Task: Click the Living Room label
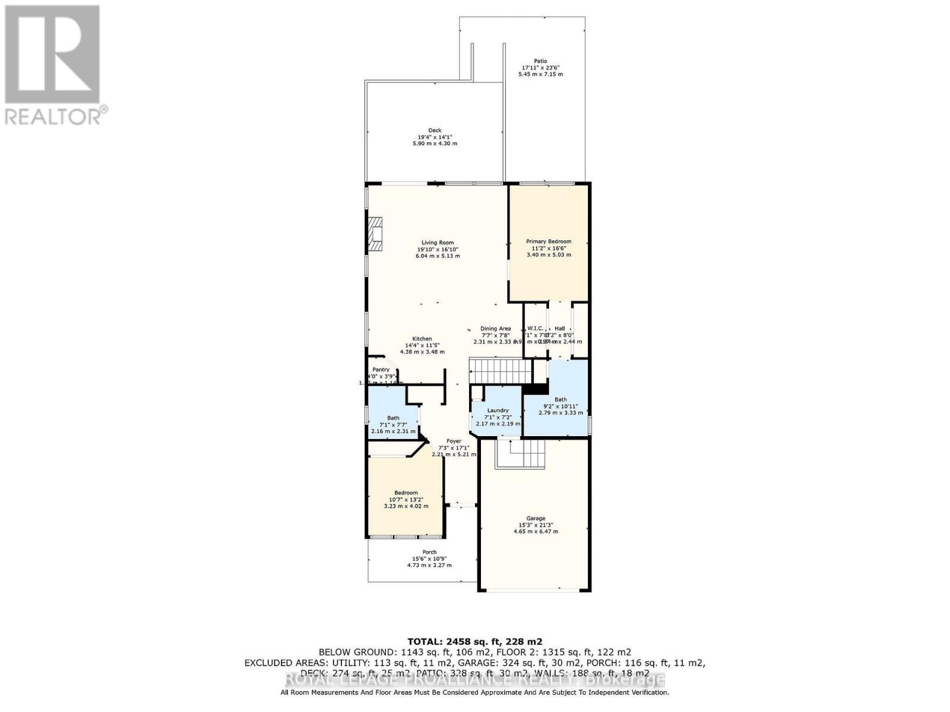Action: pos(438,243)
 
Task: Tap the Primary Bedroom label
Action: pos(549,241)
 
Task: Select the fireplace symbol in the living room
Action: pos(375,236)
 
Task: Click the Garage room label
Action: pos(536,519)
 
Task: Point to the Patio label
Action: pos(540,61)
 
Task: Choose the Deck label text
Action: pos(435,131)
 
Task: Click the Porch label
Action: pos(429,552)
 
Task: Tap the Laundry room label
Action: pos(498,411)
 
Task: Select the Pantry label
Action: pos(381,370)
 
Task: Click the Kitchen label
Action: pos(422,339)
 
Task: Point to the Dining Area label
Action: pos(495,329)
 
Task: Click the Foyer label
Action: pos(454,441)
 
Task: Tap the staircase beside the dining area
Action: pos(500,371)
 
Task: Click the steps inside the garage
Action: pos(521,454)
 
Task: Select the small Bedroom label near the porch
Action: pos(406,493)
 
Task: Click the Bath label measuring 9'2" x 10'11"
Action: pos(560,400)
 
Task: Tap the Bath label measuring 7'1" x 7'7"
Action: pos(393,418)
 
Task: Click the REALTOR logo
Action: pos(53,65)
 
